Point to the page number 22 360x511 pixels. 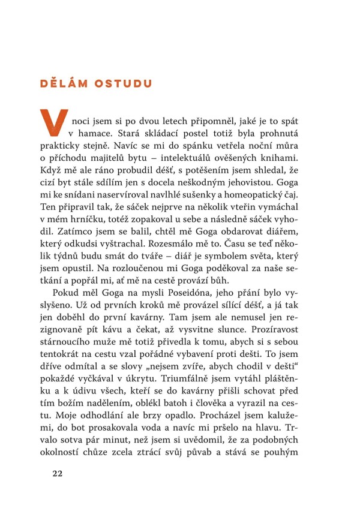[57, 473]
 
